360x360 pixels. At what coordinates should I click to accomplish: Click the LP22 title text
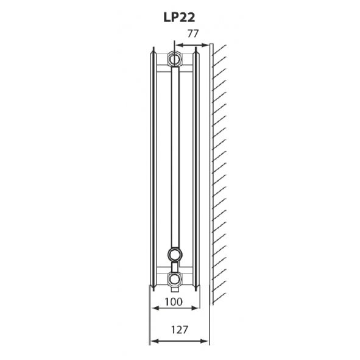pos(180,18)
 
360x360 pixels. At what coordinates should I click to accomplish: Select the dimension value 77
pos(192,34)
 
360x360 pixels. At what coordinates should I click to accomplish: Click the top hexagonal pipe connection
pos(175,59)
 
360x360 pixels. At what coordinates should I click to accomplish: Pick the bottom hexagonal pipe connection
pos(175,280)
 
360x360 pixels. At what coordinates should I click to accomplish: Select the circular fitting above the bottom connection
pos(175,255)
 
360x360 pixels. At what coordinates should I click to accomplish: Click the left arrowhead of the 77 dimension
pos(177,44)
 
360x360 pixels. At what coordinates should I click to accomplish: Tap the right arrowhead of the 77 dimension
pos(207,44)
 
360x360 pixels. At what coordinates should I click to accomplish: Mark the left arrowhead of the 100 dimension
pos(154,308)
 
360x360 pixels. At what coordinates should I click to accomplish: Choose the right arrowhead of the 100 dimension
pos(196,308)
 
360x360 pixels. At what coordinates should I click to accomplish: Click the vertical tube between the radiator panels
pos(175,158)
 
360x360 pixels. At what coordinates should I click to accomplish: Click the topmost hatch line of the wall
pos(219,48)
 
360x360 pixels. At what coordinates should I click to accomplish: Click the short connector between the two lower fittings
pos(175,267)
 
